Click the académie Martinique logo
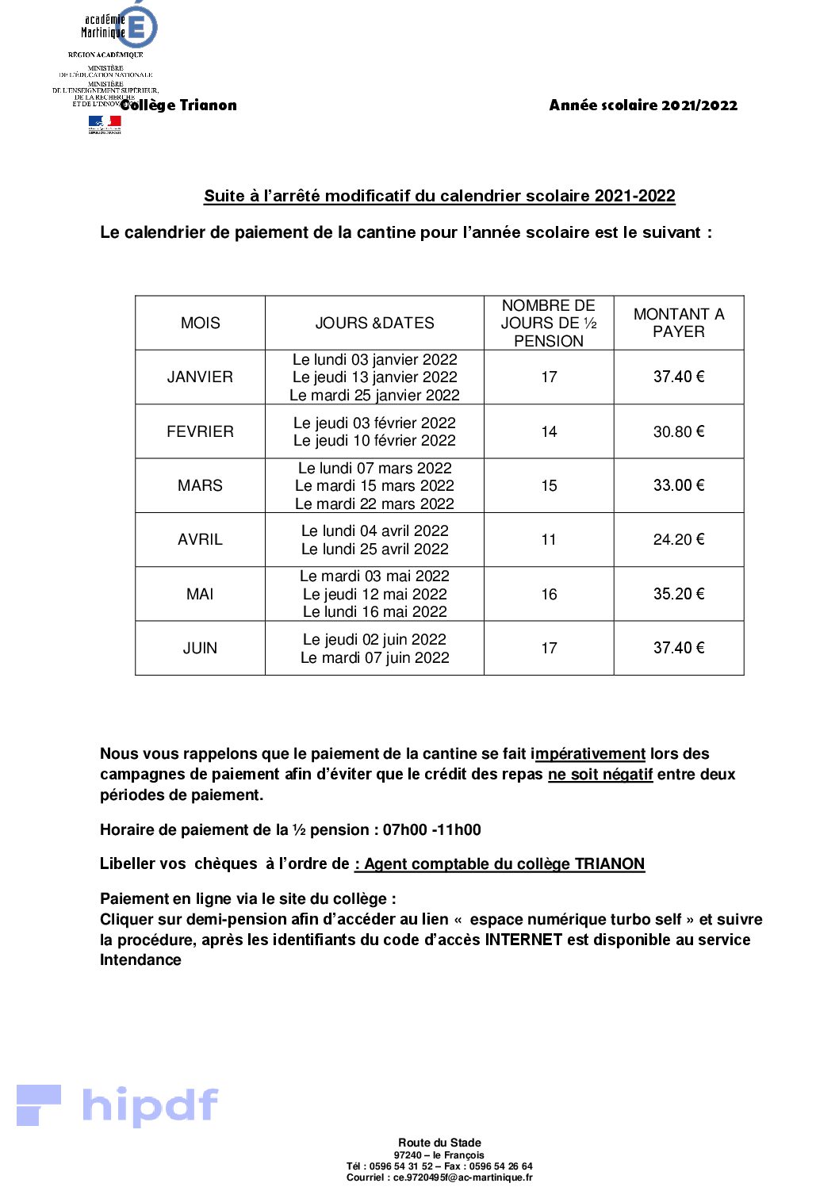[119, 27]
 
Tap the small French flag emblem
[105, 124]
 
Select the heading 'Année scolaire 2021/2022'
[643, 105]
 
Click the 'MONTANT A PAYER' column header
[679, 323]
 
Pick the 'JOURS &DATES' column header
[374, 323]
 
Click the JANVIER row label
[200, 377]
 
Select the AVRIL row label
[200, 539]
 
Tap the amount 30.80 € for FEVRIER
[679, 431]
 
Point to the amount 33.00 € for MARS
[679, 485]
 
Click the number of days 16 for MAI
[549, 594]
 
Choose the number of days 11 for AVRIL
[549, 539]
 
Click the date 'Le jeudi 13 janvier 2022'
[374, 377]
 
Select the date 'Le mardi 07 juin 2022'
[374, 657]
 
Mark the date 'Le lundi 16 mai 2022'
[374, 611]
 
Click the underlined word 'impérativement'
[589, 754]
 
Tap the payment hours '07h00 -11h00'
[432, 830]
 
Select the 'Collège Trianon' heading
[179, 105]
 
